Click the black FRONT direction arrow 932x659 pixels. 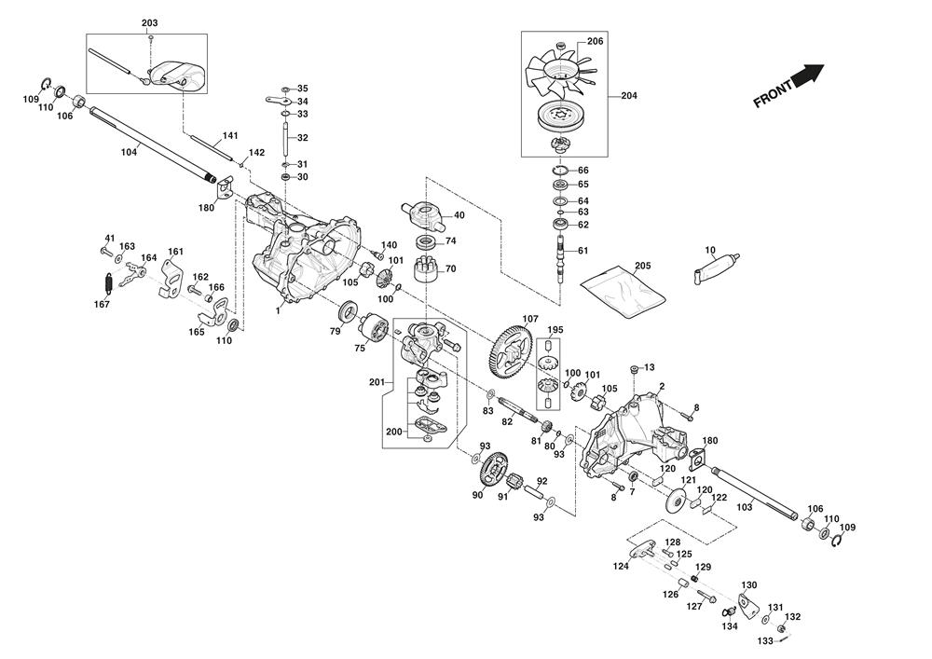tap(808, 75)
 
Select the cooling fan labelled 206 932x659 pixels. tap(558, 72)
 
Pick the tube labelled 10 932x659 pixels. tap(719, 265)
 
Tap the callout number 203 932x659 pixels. tap(150, 22)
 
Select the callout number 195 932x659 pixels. tap(555, 330)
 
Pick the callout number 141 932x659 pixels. tap(230, 136)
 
